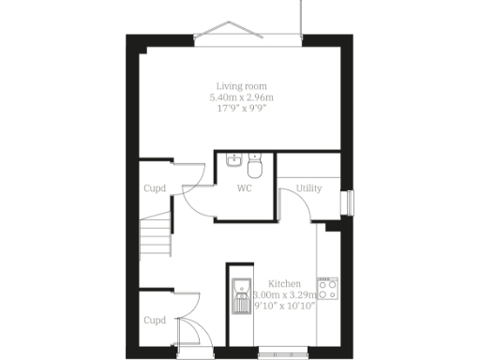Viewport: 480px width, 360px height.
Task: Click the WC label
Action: click(x=244, y=188)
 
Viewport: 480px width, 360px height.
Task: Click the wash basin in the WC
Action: click(x=234, y=161)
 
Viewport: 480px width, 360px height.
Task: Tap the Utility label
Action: click(x=309, y=188)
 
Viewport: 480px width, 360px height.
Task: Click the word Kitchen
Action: click(x=284, y=283)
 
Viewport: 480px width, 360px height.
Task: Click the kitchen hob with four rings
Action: click(x=327, y=290)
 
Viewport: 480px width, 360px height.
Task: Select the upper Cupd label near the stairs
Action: click(x=155, y=188)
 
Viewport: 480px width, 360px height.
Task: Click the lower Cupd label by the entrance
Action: click(x=155, y=320)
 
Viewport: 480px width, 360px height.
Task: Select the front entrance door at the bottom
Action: click(x=188, y=336)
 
